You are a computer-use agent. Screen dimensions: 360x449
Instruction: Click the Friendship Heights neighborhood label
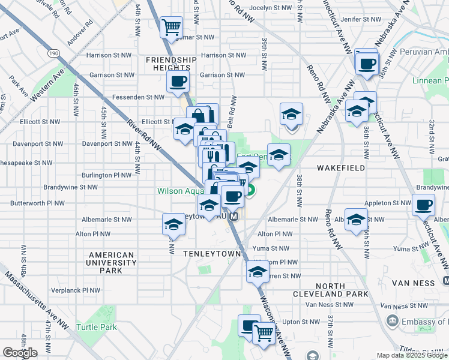171,64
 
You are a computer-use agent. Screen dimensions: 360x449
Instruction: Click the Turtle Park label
96,327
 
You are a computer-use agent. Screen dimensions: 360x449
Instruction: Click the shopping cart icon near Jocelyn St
171,26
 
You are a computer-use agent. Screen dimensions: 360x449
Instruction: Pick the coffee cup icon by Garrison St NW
178,82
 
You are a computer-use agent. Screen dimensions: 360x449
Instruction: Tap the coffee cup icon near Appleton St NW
423,205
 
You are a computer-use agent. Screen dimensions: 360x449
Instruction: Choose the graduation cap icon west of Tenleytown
173,225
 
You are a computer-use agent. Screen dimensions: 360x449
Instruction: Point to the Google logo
20,353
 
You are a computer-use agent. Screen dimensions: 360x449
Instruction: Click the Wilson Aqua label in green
179,191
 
